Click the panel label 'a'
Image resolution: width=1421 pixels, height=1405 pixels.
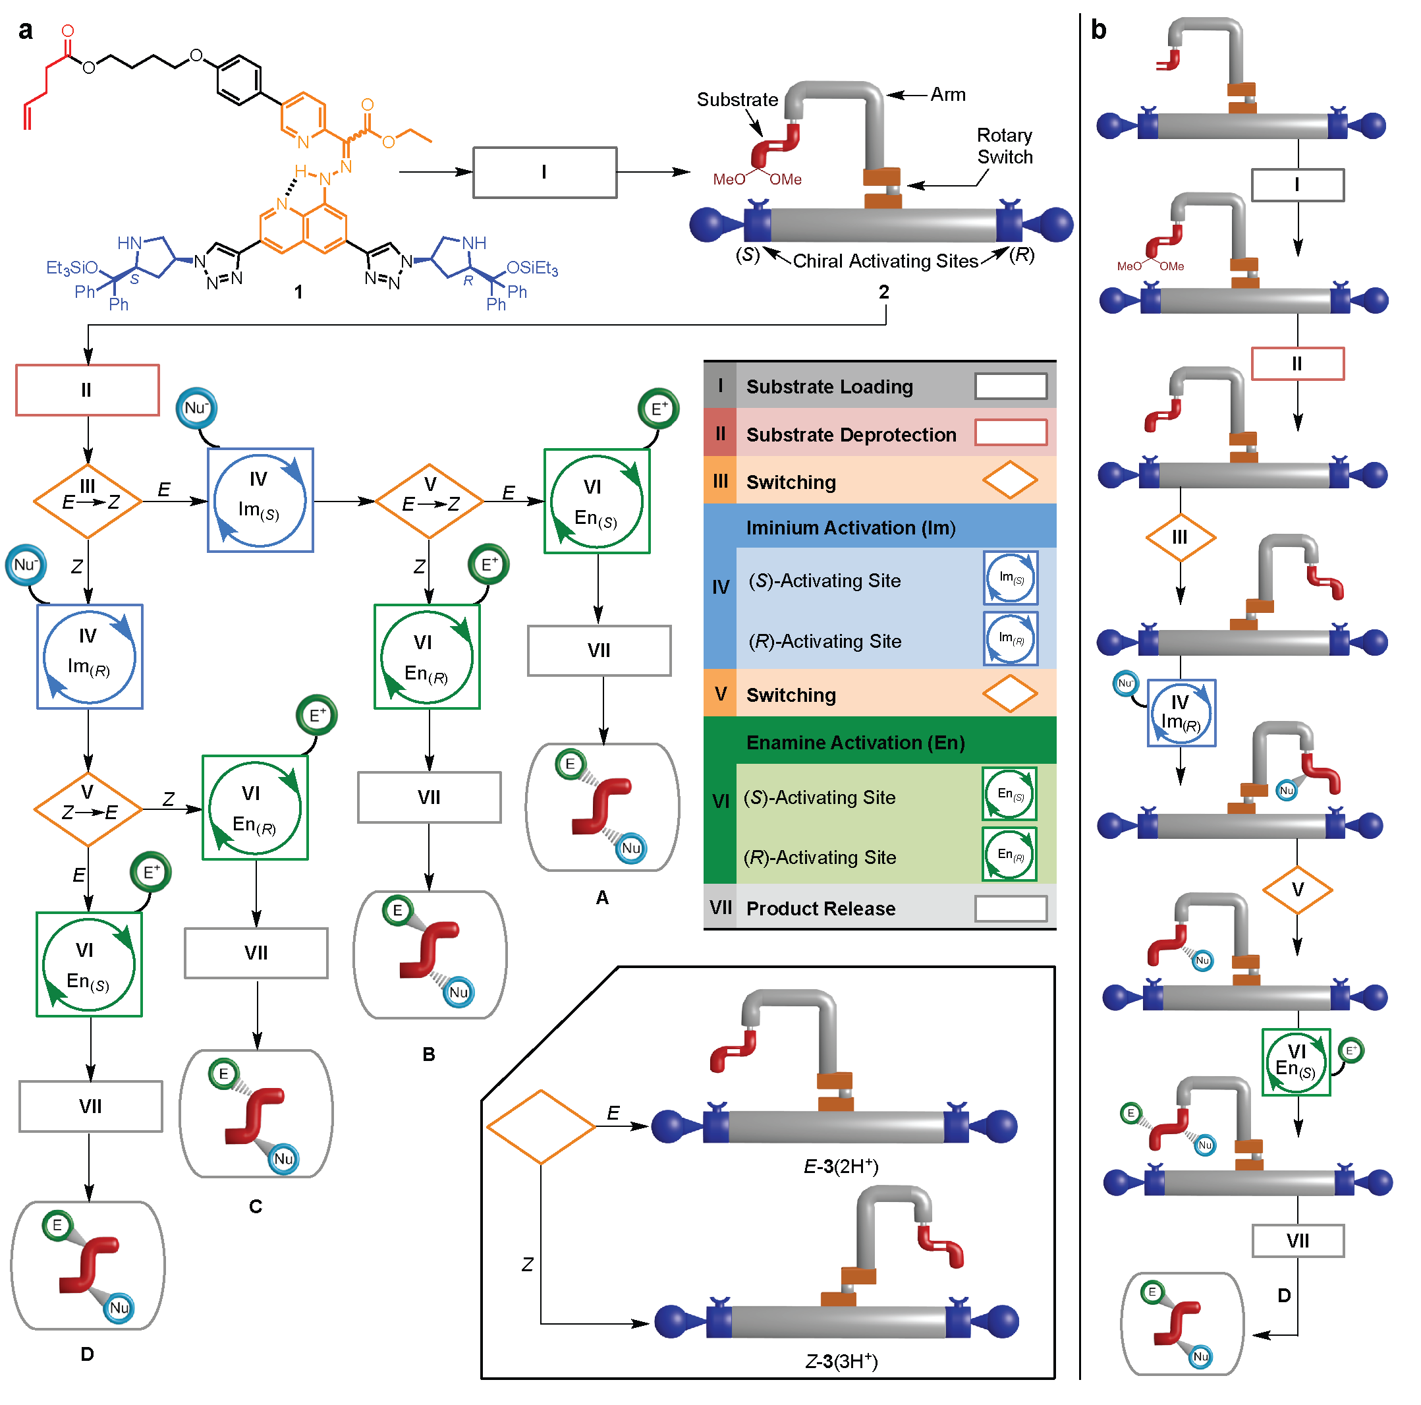click(x=26, y=31)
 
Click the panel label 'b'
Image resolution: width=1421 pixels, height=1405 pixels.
click(x=1099, y=30)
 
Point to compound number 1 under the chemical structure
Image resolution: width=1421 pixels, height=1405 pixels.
click(x=298, y=292)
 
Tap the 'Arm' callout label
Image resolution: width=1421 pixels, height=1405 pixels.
click(x=948, y=94)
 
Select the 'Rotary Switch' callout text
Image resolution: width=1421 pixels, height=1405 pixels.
click(x=1005, y=146)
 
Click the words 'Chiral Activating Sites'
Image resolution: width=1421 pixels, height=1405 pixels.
click(x=885, y=261)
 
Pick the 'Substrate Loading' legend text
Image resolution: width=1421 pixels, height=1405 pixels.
click(x=829, y=387)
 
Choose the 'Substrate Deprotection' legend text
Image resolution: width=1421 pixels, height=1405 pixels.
click(x=851, y=435)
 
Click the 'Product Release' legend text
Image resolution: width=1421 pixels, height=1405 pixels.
click(x=821, y=909)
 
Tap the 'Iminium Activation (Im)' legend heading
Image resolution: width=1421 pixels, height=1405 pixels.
click(x=851, y=528)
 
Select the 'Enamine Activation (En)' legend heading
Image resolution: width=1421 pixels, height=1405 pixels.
click(x=855, y=743)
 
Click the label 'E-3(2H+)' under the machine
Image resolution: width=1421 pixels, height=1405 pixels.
click(x=841, y=1166)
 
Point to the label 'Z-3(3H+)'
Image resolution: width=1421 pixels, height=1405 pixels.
click(x=841, y=1362)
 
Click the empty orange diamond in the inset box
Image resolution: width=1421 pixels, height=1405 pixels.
click(x=542, y=1127)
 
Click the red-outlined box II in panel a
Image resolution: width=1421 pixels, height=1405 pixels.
click(x=88, y=391)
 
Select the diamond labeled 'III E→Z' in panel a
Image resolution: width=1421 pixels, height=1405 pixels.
click(x=88, y=502)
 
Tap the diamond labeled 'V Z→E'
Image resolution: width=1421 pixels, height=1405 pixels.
click(x=88, y=810)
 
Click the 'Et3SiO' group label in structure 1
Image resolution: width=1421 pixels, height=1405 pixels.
click(x=71, y=268)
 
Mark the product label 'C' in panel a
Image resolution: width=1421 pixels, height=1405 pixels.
click(x=255, y=1207)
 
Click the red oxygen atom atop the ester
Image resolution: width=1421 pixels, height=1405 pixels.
click(x=68, y=31)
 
